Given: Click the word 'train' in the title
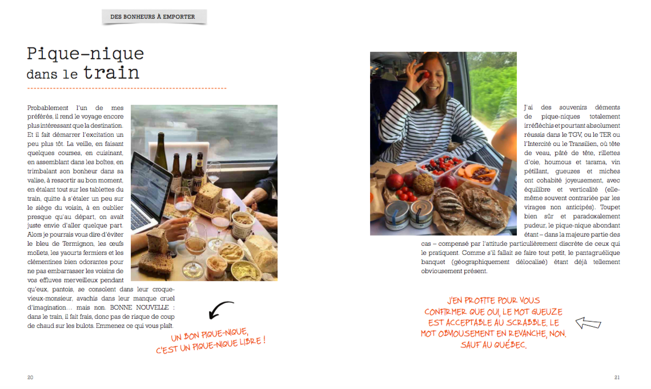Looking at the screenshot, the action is tap(111, 72).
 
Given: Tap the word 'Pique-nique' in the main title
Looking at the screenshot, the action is tap(86, 54).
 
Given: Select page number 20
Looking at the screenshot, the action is tap(30, 378).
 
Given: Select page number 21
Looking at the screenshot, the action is tap(617, 378).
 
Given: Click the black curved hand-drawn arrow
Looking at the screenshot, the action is tap(219, 308).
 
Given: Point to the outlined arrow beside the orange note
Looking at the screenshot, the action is tap(588, 323).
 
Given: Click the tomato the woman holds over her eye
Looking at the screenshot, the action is tap(425, 75).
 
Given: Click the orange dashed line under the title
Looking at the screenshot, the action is tap(127, 88).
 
